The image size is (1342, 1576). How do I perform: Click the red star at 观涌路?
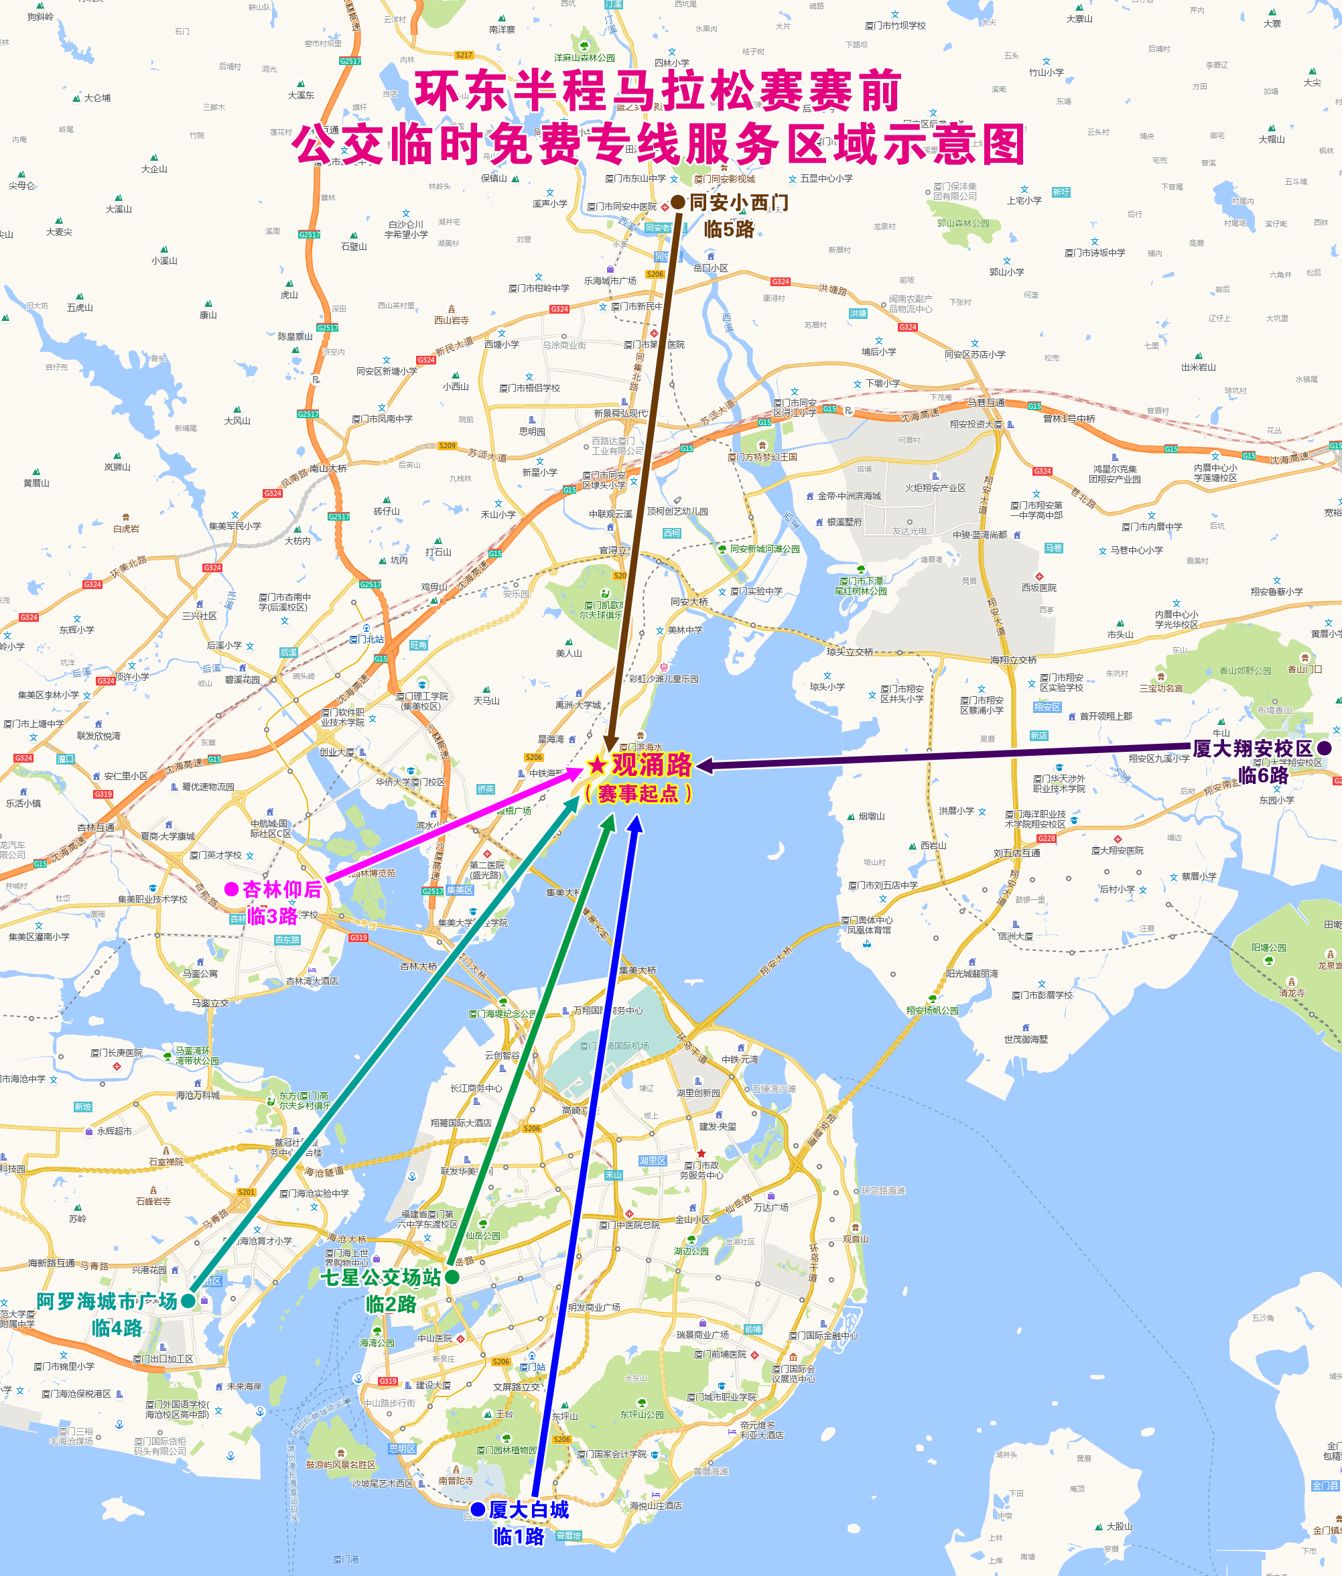597,765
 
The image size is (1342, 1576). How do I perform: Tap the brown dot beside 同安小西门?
677,203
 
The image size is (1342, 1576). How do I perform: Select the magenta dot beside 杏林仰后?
231,889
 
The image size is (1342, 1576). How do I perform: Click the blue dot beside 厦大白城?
478,1509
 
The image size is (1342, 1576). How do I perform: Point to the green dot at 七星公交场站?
452,1277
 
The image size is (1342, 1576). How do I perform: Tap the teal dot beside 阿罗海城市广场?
188,1301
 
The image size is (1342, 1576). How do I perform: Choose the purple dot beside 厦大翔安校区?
1324,748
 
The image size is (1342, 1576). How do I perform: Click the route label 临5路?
728,230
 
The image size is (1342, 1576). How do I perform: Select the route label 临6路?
1263,775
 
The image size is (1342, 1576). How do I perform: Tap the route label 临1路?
519,1536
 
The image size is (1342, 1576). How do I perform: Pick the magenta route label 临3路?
271,916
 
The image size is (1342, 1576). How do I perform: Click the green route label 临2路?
391,1305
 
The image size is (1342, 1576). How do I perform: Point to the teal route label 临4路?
117,1328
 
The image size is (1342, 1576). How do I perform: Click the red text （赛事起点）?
638,793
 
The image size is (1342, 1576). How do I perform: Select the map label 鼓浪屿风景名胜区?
340,1464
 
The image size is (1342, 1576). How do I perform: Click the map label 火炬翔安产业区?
935,488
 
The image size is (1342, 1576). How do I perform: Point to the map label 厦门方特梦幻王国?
762,457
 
